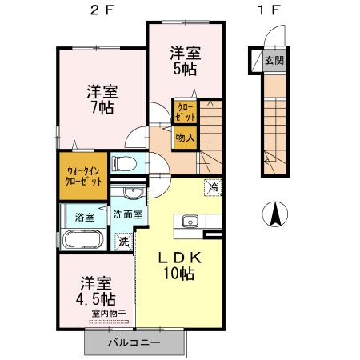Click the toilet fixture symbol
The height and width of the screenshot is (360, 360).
pos(123,165)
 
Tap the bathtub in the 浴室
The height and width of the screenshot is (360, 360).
pos(80,241)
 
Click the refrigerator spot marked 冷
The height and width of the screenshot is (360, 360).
pos(213,187)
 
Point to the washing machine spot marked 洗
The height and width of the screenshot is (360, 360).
pos(123,239)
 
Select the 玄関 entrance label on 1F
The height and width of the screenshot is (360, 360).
pos(274,60)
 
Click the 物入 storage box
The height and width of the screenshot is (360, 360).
pos(185,138)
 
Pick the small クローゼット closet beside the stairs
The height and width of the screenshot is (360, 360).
pos(185,111)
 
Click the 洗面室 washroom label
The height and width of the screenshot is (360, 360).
pos(127,214)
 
